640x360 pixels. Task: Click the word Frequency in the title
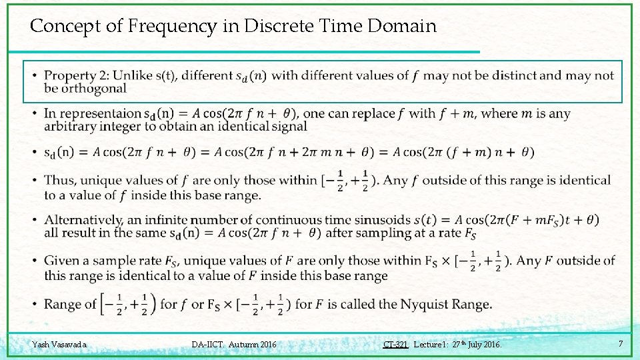tap(179, 27)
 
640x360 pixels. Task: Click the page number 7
tap(620, 344)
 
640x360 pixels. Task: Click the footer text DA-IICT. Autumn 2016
tap(233, 345)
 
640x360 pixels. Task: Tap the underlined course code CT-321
tap(395, 345)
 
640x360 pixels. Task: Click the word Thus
tap(59, 180)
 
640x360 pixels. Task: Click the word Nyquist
tap(428, 305)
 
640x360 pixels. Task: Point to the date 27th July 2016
tap(476, 345)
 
